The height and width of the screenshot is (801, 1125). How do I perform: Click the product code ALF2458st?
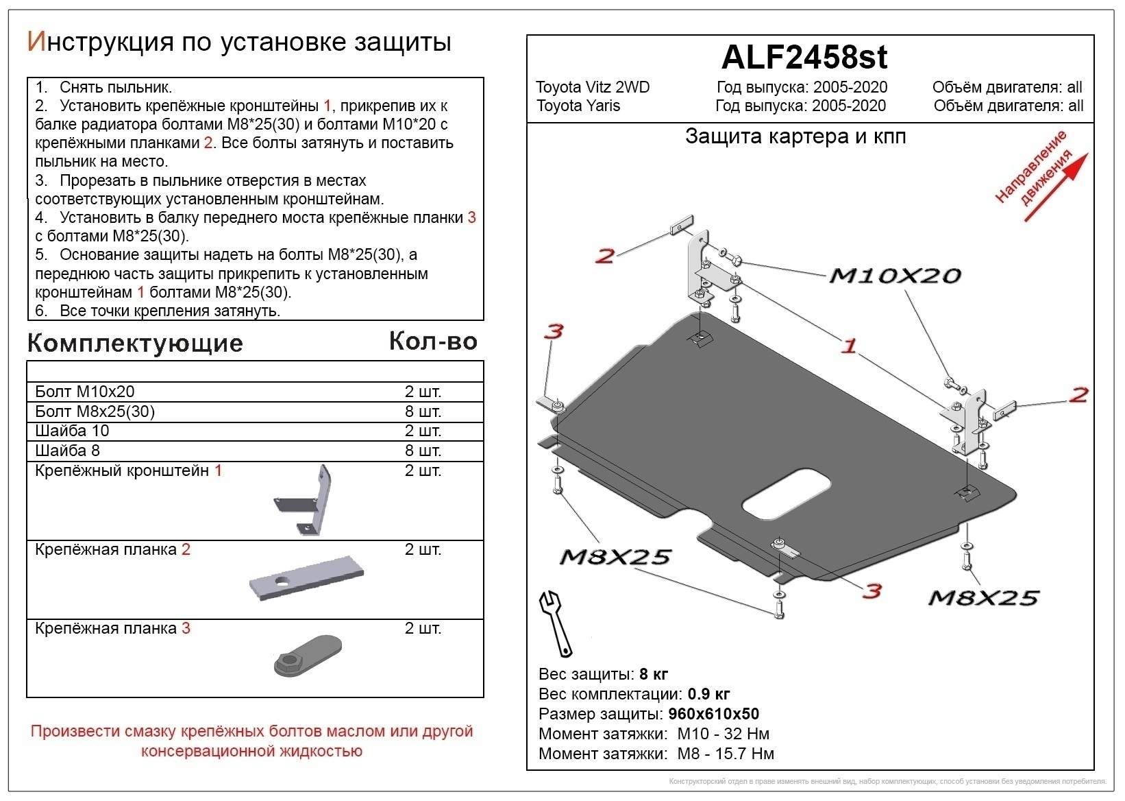pos(804,58)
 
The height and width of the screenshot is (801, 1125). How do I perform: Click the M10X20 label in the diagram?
pos(895,276)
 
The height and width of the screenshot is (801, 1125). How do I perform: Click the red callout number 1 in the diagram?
pos(849,346)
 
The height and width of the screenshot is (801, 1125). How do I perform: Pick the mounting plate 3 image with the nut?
pos(308,656)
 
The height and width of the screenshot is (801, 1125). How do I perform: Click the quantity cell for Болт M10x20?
pos(423,392)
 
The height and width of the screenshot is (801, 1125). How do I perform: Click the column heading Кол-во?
pos(433,342)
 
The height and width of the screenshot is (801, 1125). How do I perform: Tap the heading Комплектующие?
pos(135,343)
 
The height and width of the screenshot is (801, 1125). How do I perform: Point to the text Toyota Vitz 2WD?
pos(593,87)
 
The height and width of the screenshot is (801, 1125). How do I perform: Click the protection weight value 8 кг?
pos(653,673)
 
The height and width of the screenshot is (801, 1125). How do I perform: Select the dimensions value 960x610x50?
pos(713,714)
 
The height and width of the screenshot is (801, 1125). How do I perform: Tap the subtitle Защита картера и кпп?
pos(795,136)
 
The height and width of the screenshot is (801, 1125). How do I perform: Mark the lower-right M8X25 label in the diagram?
pos(983,598)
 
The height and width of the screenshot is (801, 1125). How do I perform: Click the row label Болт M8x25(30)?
pos(95,411)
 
